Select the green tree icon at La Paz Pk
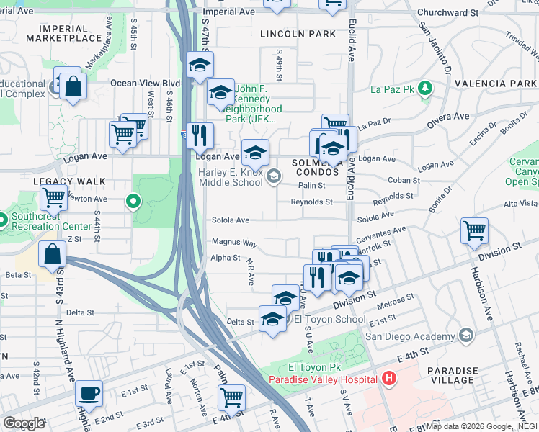(x=426, y=89)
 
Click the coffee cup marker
(x=89, y=394)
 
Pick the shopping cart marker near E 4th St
(x=231, y=397)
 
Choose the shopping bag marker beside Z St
(x=53, y=255)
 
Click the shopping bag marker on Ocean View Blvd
(x=73, y=86)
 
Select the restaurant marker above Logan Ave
(x=200, y=135)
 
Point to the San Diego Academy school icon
(x=465, y=336)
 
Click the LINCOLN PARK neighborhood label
(x=298, y=34)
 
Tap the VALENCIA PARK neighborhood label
(x=505, y=84)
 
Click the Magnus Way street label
(x=233, y=243)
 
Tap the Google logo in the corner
(x=24, y=423)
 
